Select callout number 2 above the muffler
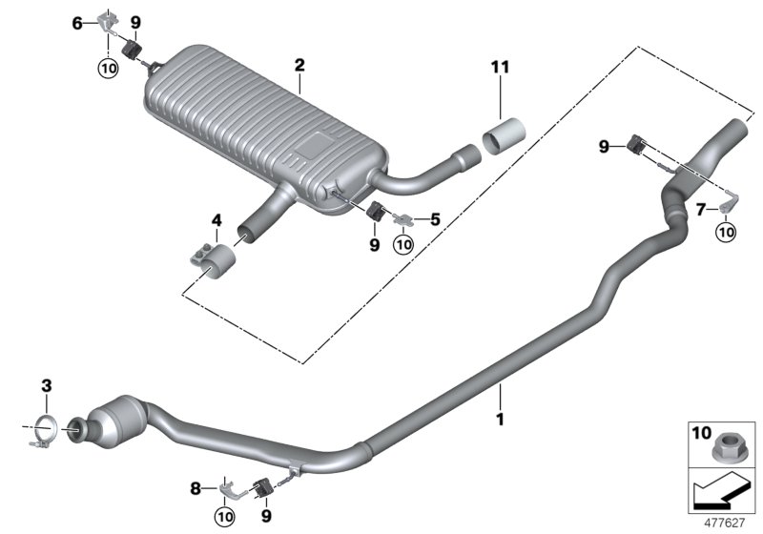point(299,66)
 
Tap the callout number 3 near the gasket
point(46,385)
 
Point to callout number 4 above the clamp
point(217,220)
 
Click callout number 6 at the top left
point(77,22)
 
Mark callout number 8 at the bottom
point(196,488)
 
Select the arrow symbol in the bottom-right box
point(720,493)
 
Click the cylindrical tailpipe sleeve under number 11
point(505,136)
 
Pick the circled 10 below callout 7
point(727,231)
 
